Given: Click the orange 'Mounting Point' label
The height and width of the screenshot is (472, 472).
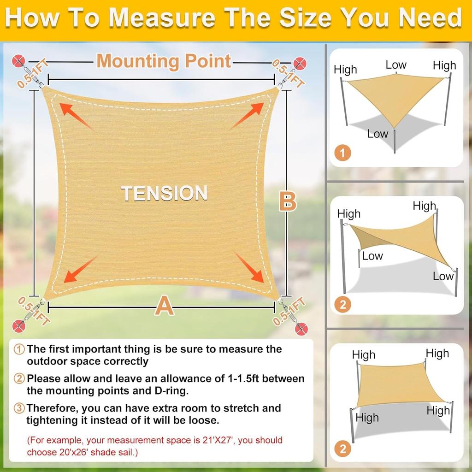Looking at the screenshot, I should tap(164, 61).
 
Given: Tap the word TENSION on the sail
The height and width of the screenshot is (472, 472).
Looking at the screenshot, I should tap(164, 193).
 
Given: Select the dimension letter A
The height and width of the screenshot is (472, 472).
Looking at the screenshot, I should tap(164, 306).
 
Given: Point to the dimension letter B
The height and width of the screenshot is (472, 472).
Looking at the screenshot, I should tap(288, 202).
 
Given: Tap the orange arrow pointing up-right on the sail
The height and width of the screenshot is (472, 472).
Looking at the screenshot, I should tap(248, 115).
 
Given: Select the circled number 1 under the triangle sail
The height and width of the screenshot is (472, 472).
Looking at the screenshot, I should tap(342, 153).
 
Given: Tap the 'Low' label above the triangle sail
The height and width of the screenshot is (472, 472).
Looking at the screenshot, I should tap(396, 65).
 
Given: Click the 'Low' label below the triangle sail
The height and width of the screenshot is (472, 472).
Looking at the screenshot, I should tap(378, 134).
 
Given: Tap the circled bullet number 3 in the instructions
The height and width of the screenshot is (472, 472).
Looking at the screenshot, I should tap(19, 408).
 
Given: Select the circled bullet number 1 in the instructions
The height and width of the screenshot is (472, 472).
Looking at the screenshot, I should tap(19, 349).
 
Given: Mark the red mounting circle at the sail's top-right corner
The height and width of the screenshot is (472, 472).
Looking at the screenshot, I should tap(300, 63).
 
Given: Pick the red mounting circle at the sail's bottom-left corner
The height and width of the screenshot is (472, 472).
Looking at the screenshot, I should tap(18, 325).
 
